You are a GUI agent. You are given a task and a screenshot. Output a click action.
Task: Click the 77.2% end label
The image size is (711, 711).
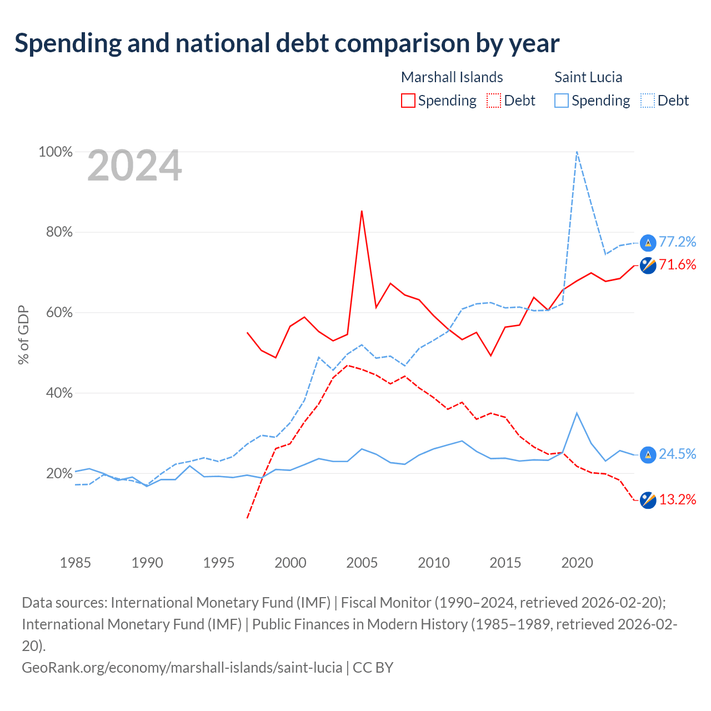pyautogui.click(x=677, y=242)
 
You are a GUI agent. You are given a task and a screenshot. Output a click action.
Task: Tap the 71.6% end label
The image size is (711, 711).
pyautogui.click(x=677, y=264)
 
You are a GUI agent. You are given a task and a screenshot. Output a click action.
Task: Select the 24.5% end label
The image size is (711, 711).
pyautogui.click(x=677, y=454)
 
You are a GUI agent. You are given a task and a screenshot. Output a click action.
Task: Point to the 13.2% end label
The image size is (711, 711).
pyautogui.click(x=677, y=499)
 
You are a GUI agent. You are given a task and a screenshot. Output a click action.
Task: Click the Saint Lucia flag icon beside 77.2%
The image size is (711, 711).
pyautogui.click(x=648, y=243)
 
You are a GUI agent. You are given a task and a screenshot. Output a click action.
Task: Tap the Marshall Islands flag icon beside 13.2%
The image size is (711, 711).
pyautogui.click(x=648, y=500)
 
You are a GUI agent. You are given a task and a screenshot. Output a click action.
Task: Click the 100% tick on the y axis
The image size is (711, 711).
pyautogui.click(x=56, y=152)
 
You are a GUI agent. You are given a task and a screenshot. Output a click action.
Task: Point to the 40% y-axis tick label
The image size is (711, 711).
pyautogui.click(x=59, y=393)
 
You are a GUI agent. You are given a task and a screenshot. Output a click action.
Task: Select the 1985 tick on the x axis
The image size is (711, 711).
pyautogui.click(x=76, y=563)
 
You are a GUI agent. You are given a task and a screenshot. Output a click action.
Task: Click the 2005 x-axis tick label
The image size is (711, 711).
pyautogui.click(x=362, y=563)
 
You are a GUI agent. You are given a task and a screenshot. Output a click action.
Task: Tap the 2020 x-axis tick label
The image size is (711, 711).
pyautogui.click(x=577, y=563)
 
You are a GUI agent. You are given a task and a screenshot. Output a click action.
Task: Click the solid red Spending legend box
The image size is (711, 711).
pyautogui.click(x=408, y=101)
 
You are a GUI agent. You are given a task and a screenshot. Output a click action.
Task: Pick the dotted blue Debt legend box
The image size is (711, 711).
pyautogui.click(x=648, y=101)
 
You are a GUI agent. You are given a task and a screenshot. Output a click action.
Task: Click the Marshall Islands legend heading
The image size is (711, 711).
pyautogui.click(x=452, y=77)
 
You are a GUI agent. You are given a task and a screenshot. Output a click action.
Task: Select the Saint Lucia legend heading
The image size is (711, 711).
pyautogui.click(x=588, y=77)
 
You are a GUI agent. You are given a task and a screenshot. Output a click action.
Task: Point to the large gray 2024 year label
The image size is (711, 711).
pyautogui.click(x=134, y=165)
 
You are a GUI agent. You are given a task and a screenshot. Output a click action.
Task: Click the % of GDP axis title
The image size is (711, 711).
pyautogui.click(x=23, y=334)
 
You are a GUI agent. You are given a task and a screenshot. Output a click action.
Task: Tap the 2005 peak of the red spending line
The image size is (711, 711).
pyautogui.click(x=362, y=211)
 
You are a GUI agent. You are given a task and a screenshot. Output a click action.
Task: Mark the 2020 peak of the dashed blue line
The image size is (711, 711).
pyautogui.click(x=577, y=152)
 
